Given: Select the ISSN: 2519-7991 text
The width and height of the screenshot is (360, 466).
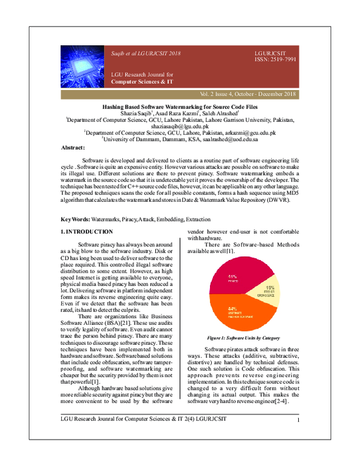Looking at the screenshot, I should [275, 59].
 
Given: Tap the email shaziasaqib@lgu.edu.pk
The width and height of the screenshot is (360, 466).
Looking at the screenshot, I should [180, 126].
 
